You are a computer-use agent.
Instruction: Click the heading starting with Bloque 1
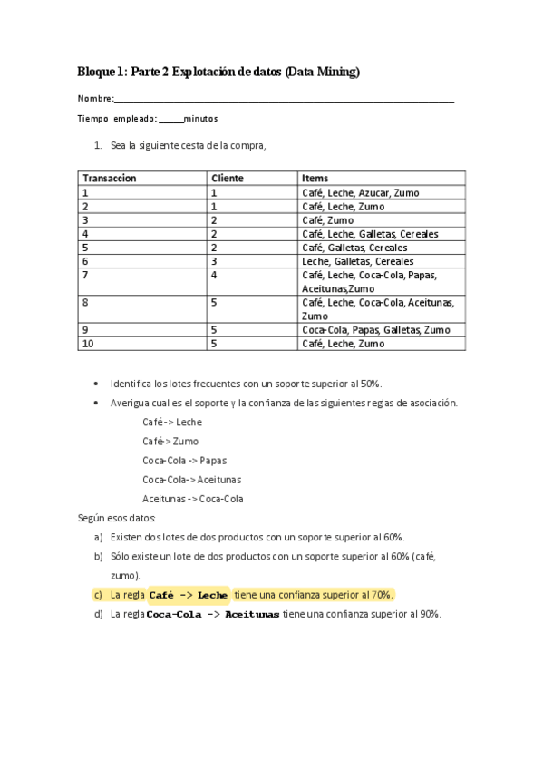pos(218,72)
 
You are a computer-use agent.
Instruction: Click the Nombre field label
pos(95,98)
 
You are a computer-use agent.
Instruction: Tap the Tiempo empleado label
pos(119,119)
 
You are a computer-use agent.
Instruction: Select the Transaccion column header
pos(110,179)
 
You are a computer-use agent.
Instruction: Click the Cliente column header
pos(228,179)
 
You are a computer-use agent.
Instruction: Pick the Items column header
pos(315,179)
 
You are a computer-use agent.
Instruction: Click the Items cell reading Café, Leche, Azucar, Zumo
pos(361,193)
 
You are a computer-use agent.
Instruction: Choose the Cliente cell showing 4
pos(214,275)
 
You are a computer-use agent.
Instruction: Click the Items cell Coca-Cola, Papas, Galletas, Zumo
pos(375,330)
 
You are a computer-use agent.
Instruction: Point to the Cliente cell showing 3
pos(214,261)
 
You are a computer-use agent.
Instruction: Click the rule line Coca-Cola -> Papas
pos(185,461)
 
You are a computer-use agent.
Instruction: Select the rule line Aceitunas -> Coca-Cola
pos(192,499)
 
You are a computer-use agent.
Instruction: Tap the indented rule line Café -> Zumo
pos(170,442)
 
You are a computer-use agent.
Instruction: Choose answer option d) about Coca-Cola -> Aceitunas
pos(267,614)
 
